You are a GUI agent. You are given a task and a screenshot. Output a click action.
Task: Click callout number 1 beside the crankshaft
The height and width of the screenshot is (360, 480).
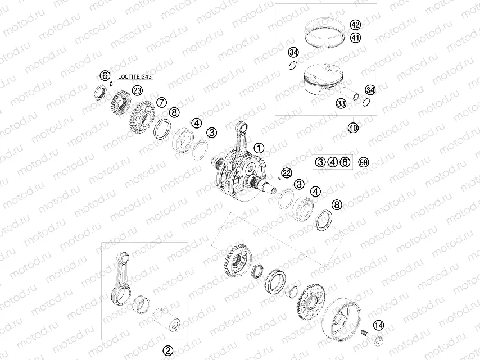coord(258,148)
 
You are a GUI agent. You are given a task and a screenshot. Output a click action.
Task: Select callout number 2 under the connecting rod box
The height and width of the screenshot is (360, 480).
coord(167,350)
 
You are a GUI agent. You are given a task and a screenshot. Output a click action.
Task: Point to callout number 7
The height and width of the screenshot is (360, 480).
coord(161,102)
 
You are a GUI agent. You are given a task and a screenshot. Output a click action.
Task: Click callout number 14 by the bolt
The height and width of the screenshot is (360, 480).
coord(378,325)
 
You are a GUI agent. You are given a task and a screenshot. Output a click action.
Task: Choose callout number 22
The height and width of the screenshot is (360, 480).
coord(287,172)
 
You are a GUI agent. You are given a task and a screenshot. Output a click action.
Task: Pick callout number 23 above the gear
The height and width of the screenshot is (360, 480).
coord(138,90)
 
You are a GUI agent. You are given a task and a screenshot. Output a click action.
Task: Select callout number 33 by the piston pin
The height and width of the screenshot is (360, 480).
coord(341,103)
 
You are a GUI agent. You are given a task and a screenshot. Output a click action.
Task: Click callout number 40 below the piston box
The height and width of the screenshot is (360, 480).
coord(352,127)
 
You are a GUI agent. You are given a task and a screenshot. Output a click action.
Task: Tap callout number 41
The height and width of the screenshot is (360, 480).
coord(355,38)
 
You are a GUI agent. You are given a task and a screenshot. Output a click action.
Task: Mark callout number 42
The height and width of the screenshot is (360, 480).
coord(355,25)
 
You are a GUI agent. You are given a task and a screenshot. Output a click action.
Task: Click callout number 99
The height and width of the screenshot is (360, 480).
coord(364,162)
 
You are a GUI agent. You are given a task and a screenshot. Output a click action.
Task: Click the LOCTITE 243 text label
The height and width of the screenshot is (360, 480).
coord(135,75)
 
